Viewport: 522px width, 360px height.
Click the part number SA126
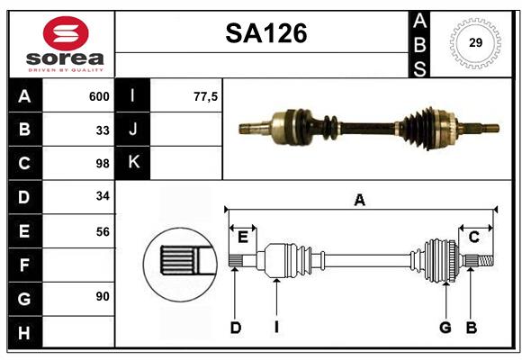(265, 34)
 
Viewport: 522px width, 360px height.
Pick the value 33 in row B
(102, 130)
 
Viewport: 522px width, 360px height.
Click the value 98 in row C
(102, 164)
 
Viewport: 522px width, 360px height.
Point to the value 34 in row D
(102, 197)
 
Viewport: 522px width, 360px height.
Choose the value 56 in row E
(102, 231)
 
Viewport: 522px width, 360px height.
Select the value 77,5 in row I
(206, 96)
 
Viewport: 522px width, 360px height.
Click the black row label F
(24, 265)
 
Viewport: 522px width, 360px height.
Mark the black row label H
(24, 332)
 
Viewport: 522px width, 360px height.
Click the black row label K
(133, 163)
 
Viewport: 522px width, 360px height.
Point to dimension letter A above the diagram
(359, 200)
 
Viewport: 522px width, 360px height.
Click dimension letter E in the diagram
(242, 237)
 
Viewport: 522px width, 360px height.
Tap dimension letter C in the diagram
(473, 237)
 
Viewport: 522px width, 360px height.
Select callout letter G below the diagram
(445, 328)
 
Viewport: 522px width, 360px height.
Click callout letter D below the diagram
(235, 328)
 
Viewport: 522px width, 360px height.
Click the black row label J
(133, 130)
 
